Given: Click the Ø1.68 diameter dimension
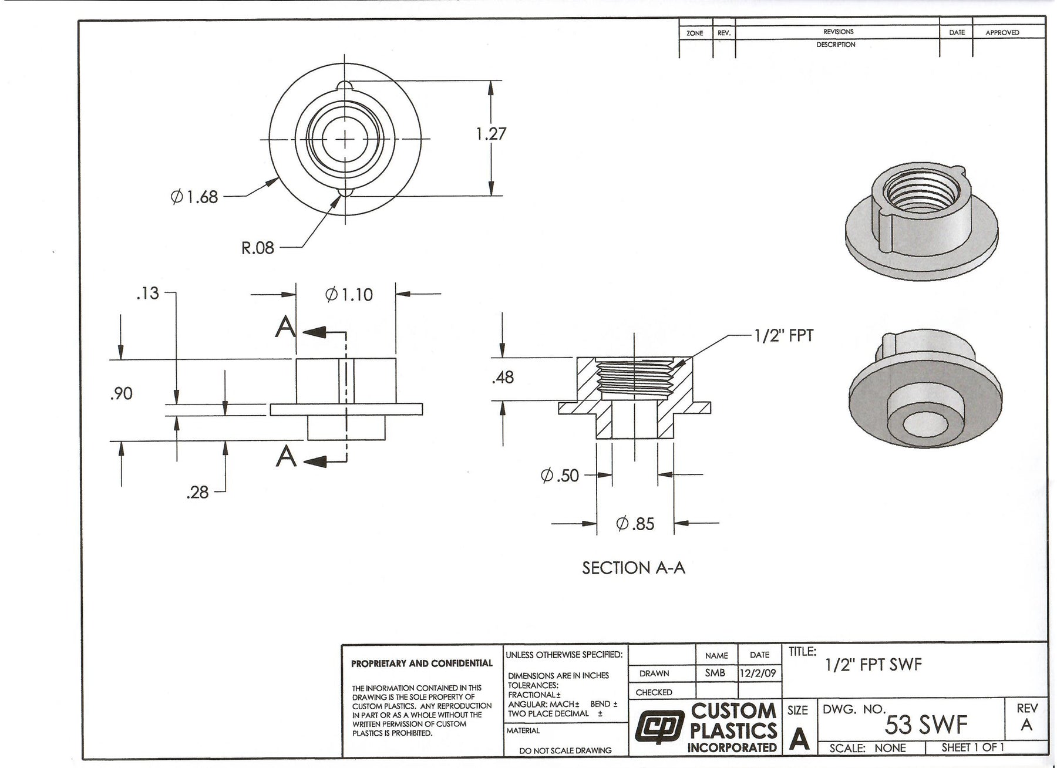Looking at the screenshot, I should pos(194,197).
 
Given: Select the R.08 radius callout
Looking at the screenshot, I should pos(258,248).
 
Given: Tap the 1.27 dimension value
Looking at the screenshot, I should pos(491,134).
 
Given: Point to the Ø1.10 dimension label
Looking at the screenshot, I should pos(349,294).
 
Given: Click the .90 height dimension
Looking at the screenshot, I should pos(121,393).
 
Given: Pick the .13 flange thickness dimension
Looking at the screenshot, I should pos(147,293).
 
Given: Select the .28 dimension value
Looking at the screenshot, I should pos(197,493).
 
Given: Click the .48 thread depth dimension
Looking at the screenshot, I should pos(503,377).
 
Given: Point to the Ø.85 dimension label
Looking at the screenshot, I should pos(635,523).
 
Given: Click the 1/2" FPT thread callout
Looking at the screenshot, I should pos(784,336).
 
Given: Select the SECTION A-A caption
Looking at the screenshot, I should pos(634,568).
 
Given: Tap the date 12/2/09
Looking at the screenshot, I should pos(759,673).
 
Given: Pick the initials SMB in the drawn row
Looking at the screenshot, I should pos(715,673).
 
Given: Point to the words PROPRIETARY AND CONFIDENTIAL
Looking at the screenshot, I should pos(422,663).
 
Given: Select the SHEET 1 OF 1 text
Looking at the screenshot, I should pos(972,747).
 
